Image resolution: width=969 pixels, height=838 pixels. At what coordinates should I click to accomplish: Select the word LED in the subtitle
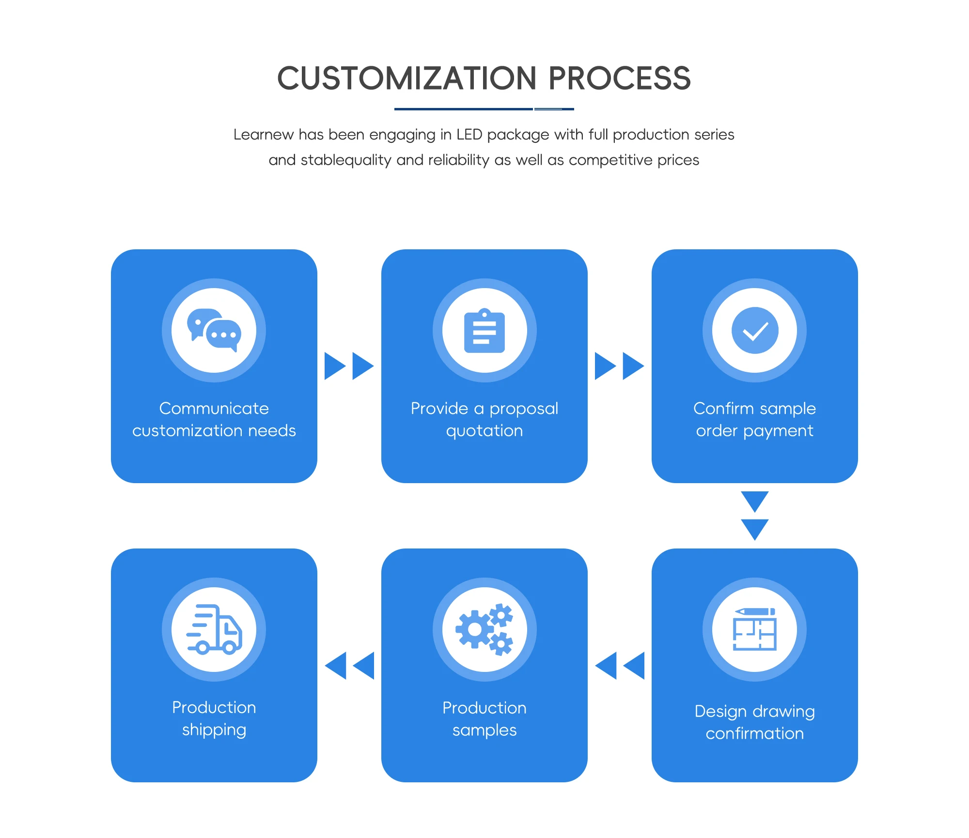tap(469, 134)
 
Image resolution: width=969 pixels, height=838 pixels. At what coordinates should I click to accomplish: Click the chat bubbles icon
tap(214, 330)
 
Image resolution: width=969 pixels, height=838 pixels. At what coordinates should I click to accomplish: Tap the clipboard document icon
tap(484, 331)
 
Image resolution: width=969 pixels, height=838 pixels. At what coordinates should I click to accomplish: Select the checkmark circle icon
tap(755, 330)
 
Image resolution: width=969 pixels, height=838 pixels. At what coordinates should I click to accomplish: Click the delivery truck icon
tap(214, 629)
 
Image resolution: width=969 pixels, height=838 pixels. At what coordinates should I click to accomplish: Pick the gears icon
tap(484, 629)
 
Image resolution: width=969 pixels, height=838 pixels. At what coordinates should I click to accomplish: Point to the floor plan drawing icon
tap(755, 629)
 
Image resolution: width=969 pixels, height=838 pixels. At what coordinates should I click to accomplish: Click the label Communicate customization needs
tap(214, 420)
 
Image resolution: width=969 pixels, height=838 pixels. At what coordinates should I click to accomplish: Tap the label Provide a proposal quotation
tap(484, 420)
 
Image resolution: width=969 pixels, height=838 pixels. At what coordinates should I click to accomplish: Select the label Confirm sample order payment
tap(755, 420)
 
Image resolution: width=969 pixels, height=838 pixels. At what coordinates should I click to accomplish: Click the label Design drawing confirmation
tap(755, 722)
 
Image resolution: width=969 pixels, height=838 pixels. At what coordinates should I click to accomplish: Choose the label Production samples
tap(484, 719)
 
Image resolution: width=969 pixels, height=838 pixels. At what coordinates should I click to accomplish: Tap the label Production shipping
tap(214, 719)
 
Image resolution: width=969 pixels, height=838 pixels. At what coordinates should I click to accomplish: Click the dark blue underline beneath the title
tap(484, 109)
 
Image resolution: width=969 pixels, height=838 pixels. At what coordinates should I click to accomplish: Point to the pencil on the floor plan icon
tap(755, 612)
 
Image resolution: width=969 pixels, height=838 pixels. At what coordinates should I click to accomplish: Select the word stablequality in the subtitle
tap(346, 160)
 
